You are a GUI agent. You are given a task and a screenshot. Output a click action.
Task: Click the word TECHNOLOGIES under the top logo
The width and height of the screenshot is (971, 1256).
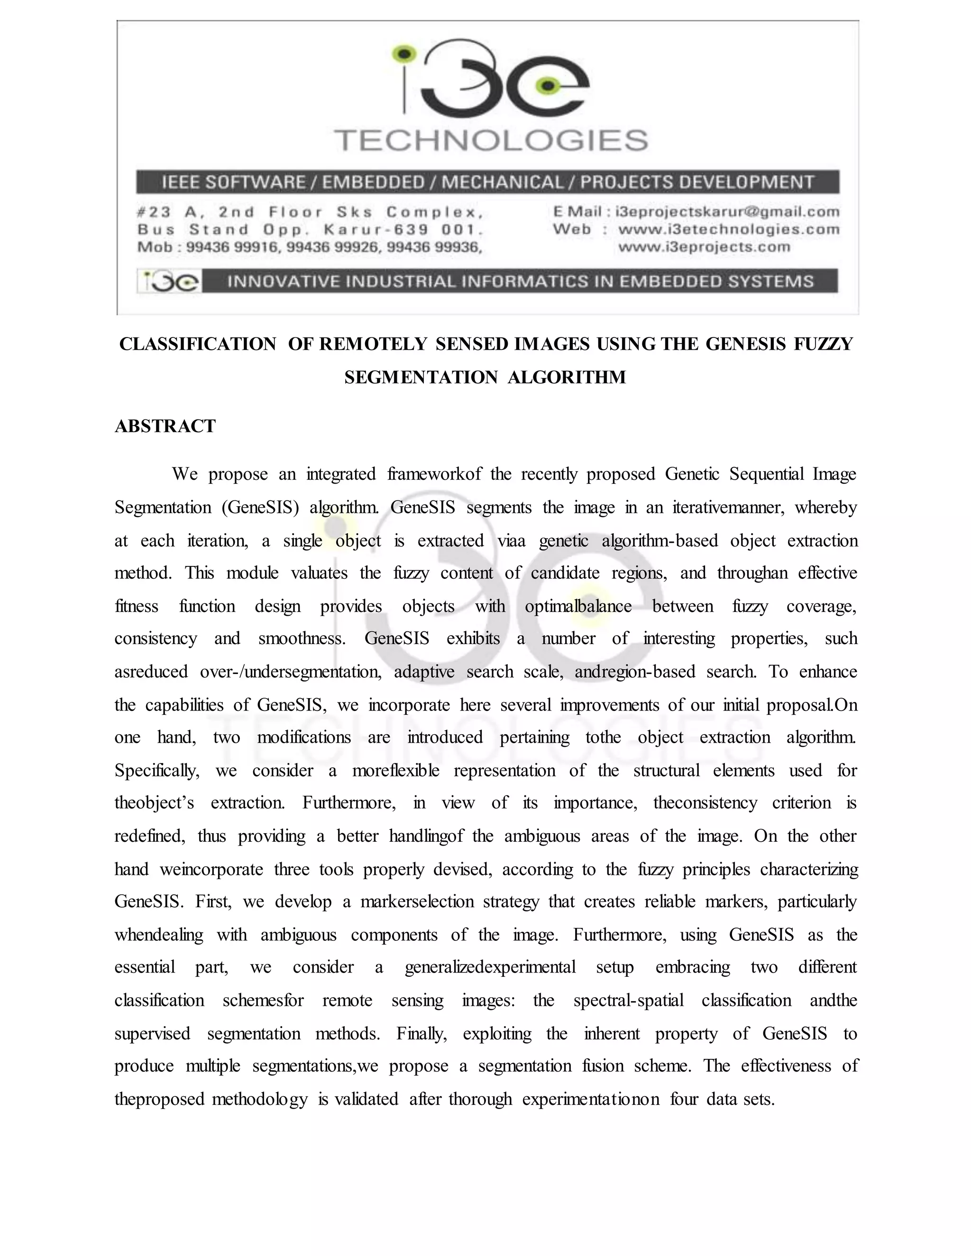pyautogui.click(x=491, y=140)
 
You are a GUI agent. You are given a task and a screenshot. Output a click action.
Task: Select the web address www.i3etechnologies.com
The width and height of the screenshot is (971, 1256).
pyautogui.click(x=728, y=229)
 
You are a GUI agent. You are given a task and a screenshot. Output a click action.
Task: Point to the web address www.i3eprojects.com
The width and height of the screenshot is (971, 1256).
pyautogui.click(x=704, y=247)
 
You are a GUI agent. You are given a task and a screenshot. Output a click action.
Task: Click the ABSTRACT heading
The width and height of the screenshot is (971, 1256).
pyautogui.click(x=165, y=426)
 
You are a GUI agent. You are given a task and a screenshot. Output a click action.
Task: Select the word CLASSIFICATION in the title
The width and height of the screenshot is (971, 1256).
pyautogui.click(x=197, y=344)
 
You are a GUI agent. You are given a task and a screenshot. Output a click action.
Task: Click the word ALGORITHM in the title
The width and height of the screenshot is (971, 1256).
pyautogui.click(x=567, y=377)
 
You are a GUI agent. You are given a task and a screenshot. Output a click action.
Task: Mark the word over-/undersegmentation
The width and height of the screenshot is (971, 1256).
pyautogui.click(x=291, y=672)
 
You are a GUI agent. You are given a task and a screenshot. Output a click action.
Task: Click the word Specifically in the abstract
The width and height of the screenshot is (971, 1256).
pyautogui.click(x=156, y=771)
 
